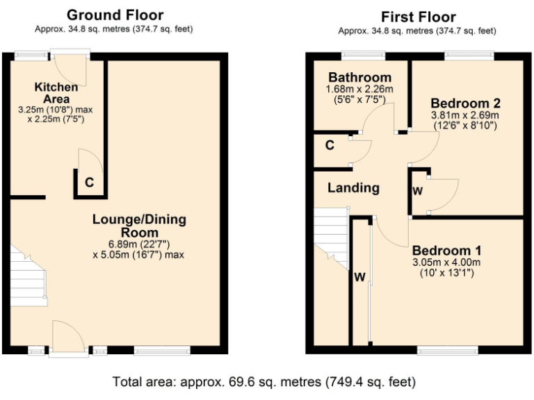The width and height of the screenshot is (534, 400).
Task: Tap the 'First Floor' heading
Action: pyautogui.click(x=418, y=16)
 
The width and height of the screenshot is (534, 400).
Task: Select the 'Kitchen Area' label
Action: pyautogui.click(x=56, y=93)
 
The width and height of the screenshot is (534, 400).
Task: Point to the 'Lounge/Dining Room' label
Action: pyautogui.click(x=139, y=226)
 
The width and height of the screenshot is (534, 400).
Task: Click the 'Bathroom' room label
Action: pyautogui.click(x=359, y=77)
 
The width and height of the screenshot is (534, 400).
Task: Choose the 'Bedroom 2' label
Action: pyautogui.click(x=455, y=103)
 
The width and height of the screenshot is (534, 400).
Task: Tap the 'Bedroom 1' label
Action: pyautogui.click(x=447, y=250)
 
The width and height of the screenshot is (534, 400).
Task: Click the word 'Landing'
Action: pyautogui.click(x=353, y=187)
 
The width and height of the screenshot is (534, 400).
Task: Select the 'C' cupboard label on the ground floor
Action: pyautogui.click(x=89, y=183)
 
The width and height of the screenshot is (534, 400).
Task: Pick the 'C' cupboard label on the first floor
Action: pyautogui.click(x=330, y=146)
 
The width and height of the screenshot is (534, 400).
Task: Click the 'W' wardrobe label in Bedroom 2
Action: pyautogui.click(x=417, y=191)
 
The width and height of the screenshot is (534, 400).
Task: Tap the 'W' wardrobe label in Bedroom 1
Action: pyautogui.click(x=359, y=278)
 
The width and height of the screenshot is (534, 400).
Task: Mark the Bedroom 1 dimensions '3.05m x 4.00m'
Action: pyautogui.click(x=447, y=262)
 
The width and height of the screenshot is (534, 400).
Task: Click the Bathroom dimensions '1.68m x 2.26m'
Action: pyautogui.click(x=359, y=89)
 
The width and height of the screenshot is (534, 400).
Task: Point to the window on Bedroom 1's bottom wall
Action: pyautogui.click(x=447, y=350)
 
